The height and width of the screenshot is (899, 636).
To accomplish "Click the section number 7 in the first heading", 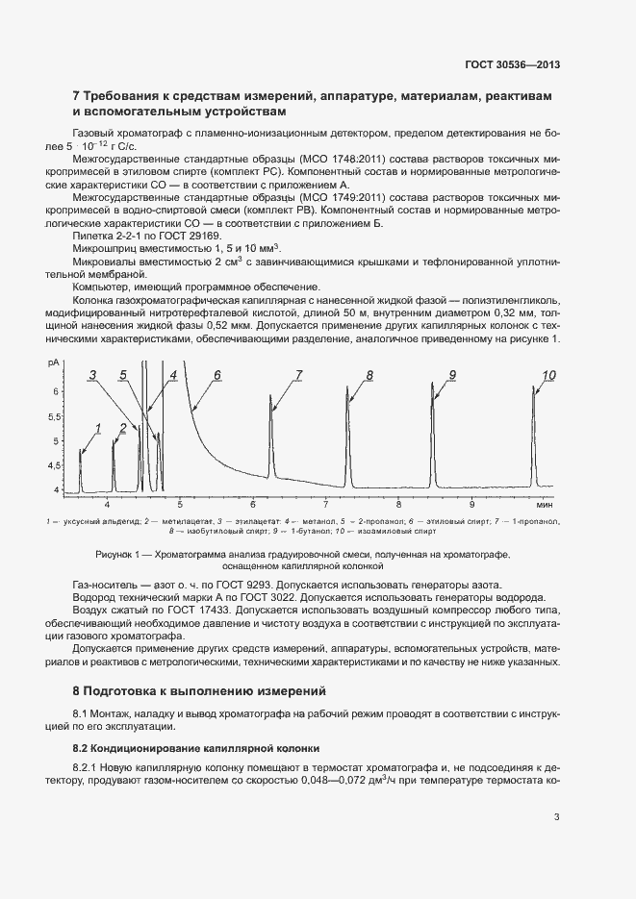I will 77,96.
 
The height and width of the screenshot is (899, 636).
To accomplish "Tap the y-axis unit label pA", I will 53,362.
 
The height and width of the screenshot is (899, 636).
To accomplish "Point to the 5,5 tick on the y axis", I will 54,416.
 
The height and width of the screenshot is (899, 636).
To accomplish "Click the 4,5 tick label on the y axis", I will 54,466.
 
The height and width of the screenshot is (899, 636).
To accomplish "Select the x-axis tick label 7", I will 326,503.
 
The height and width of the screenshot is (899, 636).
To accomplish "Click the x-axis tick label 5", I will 180,503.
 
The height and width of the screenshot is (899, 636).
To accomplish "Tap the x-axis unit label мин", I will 545,503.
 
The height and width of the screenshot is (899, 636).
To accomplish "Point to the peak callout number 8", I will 369,374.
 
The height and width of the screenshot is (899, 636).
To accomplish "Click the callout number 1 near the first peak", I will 97,427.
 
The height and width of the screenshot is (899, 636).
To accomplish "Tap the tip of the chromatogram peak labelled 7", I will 271,394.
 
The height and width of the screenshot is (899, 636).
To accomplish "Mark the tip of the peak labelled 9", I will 432,386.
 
